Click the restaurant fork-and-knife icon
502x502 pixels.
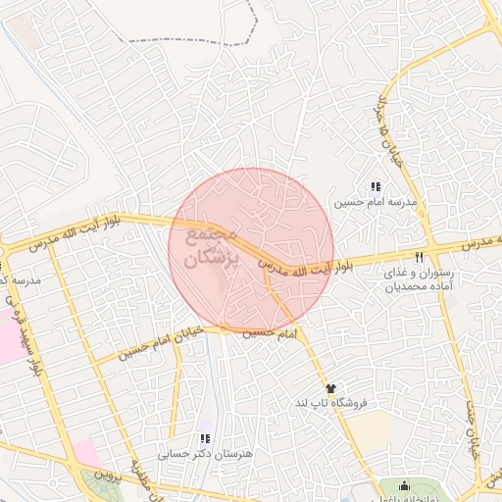(420, 257)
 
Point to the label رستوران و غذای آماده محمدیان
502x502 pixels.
(420, 279)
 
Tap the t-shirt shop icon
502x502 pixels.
(330, 389)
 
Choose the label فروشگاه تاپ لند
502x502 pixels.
(330, 404)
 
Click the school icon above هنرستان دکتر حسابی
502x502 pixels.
(204, 439)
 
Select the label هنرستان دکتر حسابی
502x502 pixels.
(206, 455)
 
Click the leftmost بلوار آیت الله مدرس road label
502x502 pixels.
(75, 235)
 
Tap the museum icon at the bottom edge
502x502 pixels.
(405, 484)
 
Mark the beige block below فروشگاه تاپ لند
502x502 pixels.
(369, 432)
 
